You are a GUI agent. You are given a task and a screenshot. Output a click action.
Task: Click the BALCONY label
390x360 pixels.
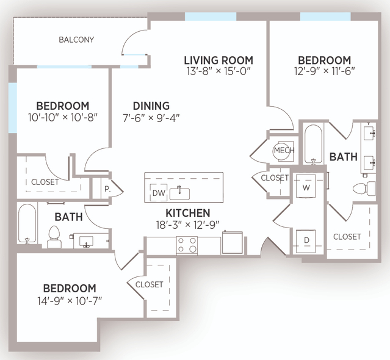point(76,40)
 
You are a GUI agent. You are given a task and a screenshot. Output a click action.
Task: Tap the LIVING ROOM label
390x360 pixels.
point(218,60)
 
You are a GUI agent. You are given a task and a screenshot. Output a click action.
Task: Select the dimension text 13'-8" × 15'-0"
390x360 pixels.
point(218,71)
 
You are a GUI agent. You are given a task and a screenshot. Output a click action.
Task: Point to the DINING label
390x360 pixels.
point(151,106)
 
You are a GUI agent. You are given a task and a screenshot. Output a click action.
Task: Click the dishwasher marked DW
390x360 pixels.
point(159,193)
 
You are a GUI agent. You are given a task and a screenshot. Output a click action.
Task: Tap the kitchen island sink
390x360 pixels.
point(179,193)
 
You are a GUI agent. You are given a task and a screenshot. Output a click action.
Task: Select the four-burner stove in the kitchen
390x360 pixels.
point(187,245)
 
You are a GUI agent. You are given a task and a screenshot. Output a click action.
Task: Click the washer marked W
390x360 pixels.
point(306,186)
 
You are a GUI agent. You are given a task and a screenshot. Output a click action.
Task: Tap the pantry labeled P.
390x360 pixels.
point(107,189)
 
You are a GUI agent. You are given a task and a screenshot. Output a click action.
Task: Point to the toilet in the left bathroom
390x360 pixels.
point(54,236)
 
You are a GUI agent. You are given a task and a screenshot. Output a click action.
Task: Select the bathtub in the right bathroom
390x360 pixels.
point(313,145)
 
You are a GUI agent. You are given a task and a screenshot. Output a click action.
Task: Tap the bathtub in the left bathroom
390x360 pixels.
point(27,223)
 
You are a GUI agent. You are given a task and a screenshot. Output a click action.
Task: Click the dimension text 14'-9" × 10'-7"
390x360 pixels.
point(70,301)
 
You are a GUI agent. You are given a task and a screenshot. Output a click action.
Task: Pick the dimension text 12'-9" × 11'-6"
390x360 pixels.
point(324,71)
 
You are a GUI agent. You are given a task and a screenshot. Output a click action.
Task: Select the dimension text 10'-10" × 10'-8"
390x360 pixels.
point(62,117)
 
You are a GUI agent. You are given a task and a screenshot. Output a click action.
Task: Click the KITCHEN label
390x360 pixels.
point(188,213)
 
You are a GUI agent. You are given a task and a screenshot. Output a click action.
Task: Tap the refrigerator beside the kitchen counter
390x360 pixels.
point(233,242)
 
